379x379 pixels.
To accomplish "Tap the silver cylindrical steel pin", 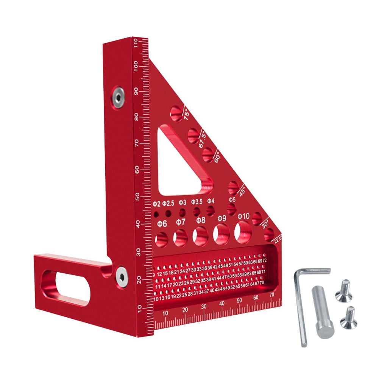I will point(322,312).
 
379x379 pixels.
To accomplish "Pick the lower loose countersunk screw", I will point(349,318).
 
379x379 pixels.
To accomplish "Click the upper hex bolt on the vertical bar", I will point(118,96).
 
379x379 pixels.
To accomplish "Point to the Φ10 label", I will point(243,216).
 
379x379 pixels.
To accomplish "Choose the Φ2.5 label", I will point(168,204).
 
